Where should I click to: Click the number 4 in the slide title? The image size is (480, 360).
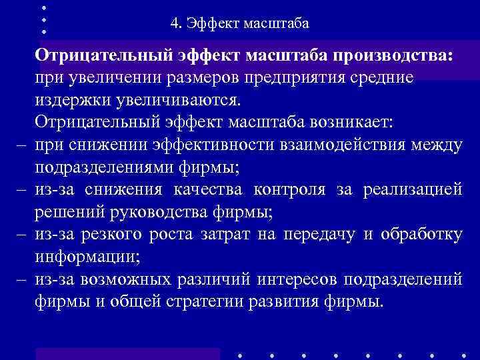[174, 25]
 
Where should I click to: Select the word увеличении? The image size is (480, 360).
[114, 77]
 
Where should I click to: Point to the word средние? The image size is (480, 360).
[383, 77]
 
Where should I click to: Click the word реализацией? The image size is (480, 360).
[413, 190]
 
